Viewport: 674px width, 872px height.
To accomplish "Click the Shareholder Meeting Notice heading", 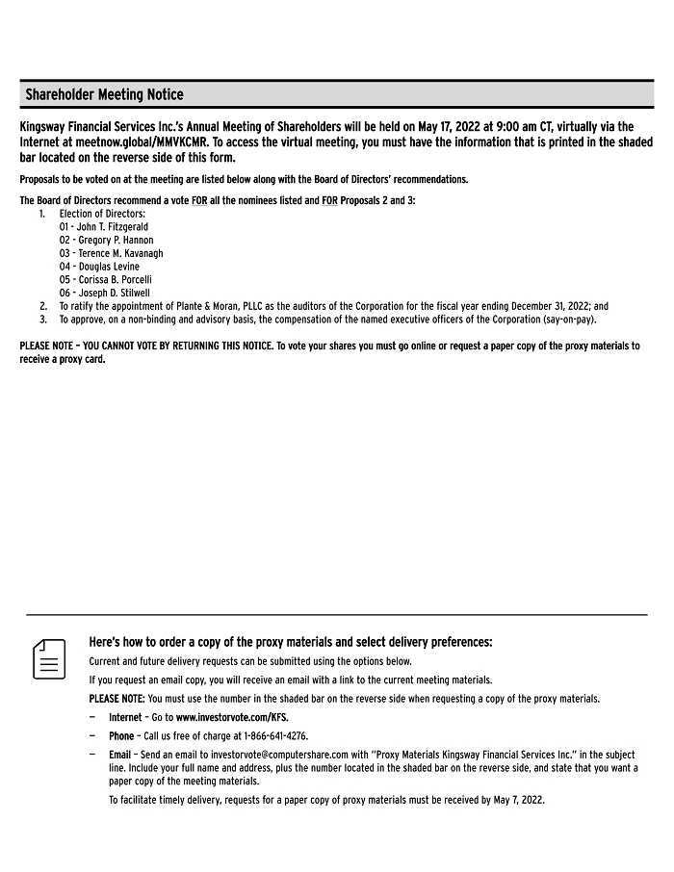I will click(x=104, y=94).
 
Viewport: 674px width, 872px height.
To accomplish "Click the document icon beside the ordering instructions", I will click(x=49, y=659).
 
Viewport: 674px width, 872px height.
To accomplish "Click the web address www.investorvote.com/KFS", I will click(x=231, y=717).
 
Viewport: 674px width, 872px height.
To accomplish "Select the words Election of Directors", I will click(x=102, y=214).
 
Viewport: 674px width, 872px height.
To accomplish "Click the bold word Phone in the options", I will click(x=121, y=736).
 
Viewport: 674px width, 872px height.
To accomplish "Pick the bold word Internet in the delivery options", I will click(x=125, y=717).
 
